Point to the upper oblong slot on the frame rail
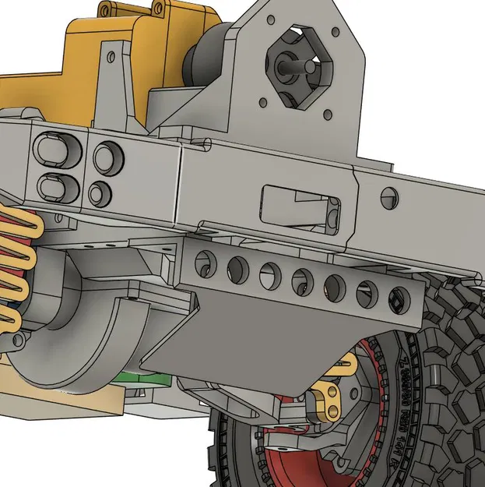(x=57, y=146)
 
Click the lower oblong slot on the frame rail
(x=57, y=186)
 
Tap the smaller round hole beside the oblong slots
(x=100, y=192)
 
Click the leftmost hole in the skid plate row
(x=204, y=263)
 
